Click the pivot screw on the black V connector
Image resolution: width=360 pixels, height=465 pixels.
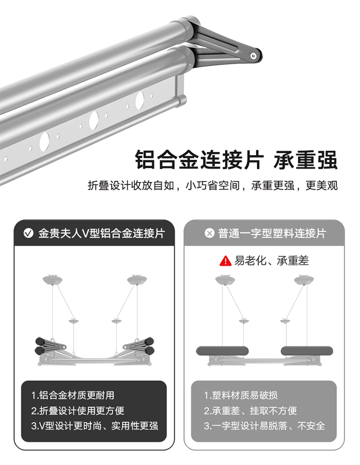click(x=253, y=56)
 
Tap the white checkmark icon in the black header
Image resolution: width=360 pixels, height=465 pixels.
click(x=28, y=233)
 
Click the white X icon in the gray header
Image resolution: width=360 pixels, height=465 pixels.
click(x=209, y=233)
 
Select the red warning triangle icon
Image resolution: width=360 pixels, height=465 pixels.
click(x=226, y=261)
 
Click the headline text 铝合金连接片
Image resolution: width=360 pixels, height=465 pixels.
click(x=199, y=159)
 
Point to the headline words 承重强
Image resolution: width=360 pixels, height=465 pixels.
click(x=305, y=159)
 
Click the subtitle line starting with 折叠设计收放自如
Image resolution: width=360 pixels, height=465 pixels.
click(x=213, y=185)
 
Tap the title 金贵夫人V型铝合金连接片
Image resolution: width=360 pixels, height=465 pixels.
click(x=102, y=233)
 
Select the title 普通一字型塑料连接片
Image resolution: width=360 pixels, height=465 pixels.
click(x=272, y=233)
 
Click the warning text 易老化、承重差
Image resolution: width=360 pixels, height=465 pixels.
click(x=272, y=261)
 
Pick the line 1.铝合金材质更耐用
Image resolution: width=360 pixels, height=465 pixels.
click(x=73, y=395)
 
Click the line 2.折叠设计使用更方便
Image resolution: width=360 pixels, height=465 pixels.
click(x=78, y=411)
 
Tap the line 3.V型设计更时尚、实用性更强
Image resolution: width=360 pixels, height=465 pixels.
click(x=95, y=426)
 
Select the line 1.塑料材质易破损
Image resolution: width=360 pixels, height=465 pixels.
click(x=240, y=395)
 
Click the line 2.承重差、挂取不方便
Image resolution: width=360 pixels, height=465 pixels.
click(x=251, y=411)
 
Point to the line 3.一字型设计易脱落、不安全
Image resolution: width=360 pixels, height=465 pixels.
click(x=264, y=426)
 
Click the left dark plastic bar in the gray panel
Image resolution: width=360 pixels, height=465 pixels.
click(x=222, y=351)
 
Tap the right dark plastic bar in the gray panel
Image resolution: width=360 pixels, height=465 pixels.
click(x=307, y=351)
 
